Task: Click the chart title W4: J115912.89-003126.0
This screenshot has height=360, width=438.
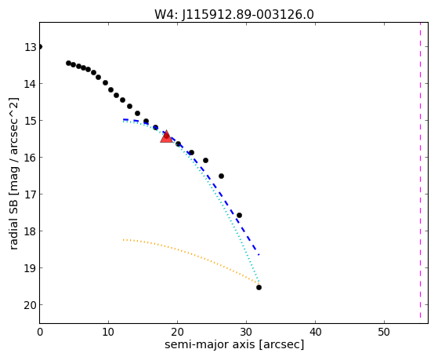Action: pos(234,14)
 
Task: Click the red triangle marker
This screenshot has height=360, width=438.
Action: pos(166,136)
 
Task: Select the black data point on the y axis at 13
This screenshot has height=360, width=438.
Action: pos(40,47)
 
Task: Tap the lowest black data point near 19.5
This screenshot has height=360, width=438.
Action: pos(259,287)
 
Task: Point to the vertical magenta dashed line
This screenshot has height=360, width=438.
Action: pos(420,170)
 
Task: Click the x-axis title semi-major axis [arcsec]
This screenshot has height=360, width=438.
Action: pos(234,344)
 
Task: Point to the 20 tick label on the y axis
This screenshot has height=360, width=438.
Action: pos(31,305)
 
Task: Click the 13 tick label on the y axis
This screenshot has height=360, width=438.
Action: pos(31,47)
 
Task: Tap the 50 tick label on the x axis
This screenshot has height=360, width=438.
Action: pos(385,332)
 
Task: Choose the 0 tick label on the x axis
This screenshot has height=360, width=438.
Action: pos(40,332)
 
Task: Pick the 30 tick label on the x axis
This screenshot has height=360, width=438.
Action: pos(246,332)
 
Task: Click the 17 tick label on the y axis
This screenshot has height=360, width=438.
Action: pos(31,195)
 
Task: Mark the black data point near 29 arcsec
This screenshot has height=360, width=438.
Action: pos(239,216)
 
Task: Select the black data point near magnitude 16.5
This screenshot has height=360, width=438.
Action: pos(221,176)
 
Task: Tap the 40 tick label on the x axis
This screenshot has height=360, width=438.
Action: pos(315,332)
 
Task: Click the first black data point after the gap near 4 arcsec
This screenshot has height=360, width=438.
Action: pos(68,63)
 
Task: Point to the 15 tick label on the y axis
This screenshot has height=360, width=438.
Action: pos(31,121)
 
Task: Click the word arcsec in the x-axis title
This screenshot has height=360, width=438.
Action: pos(281,344)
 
